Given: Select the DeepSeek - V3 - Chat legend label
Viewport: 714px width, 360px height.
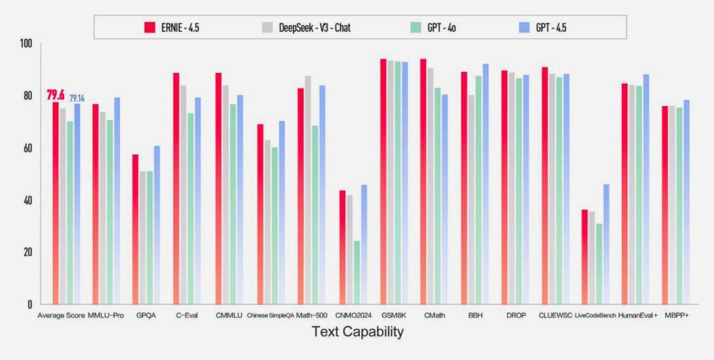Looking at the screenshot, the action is [314, 27].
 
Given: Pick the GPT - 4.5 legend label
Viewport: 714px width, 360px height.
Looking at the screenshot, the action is [551, 27].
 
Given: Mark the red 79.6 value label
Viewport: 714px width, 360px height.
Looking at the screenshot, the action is [56, 96].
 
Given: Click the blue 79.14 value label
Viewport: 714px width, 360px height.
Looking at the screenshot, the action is [77, 98].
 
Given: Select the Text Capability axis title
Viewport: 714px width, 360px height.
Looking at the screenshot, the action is [358, 332].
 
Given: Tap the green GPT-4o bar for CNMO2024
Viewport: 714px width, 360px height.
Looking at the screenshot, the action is [357, 273].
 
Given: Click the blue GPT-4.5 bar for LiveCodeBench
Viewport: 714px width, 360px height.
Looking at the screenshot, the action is [606, 243].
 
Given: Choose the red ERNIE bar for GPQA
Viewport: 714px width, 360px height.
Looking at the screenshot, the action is [135, 230].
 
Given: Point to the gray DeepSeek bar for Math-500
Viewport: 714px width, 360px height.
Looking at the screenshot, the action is [307, 190].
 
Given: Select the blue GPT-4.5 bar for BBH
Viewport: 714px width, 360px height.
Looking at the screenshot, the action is [485, 183].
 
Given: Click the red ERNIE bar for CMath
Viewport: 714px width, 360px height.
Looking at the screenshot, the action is [423, 181].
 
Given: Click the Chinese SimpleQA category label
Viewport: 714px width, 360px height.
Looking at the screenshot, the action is [271, 315].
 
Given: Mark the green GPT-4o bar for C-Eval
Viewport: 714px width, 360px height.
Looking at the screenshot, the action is [190, 209].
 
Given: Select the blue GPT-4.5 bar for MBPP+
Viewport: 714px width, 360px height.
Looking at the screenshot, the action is [686, 202].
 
